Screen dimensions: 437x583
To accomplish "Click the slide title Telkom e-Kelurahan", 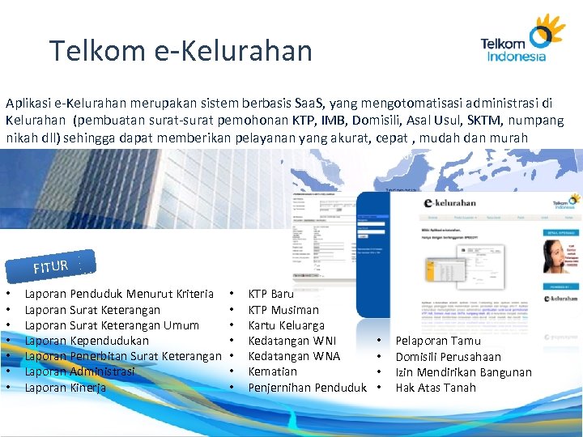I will pyautogui.click(x=181, y=51).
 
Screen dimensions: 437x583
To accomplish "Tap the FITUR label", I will pyautogui.click(x=50, y=265).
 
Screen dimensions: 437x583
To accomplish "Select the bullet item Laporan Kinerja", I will pyautogui.click(x=66, y=388).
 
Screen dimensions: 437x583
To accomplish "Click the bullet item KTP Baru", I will pyautogui.click(x=270, y=294).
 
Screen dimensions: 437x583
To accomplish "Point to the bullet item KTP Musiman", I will pyautogui.click(x=283, y=310).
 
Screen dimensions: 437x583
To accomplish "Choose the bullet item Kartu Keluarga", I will pyautogui.click(x=286, y=325).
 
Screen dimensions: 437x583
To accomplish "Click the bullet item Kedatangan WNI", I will pyautogui.click(x=291, y=341).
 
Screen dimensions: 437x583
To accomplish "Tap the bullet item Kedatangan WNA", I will pyautogui.click(x=294, y=356).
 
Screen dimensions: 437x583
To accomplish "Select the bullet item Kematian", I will pyautogui.click(x=272, y=371).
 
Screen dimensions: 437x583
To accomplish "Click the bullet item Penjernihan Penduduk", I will pyautogui.click(x=308, y=388).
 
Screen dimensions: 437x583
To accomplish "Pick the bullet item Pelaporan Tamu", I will pyautogui.click(x=437, y=341).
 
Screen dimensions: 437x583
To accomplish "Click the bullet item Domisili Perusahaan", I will pyautogui.click(x=448, y=357).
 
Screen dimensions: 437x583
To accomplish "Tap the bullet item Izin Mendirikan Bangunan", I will pyautogui.click(x=463, y=372).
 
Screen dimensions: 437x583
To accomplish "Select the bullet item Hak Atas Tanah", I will pyautogui.click(x=436, y=388).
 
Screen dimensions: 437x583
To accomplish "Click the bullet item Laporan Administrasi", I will pyautogui.click(x=79, y=371).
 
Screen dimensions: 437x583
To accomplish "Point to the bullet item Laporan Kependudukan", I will pyautogui.click(x=87, y=341).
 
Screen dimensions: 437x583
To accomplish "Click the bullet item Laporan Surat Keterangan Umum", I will pyautogui.click(x=112, y=325).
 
